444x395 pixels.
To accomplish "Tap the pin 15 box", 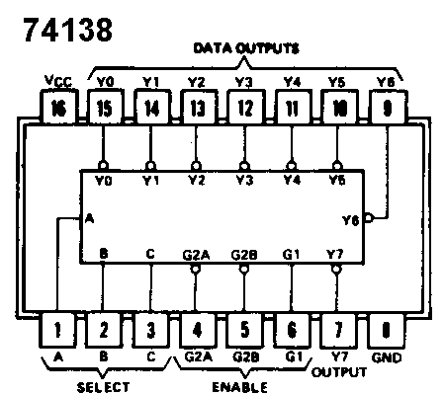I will [103, 109].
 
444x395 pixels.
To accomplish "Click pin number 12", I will [243, 109].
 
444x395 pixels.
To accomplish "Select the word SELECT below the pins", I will [103, 387].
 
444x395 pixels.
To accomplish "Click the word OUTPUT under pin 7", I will [339, 372].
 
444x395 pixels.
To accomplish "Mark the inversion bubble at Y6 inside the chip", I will [368, 217].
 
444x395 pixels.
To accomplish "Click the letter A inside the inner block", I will [90, 219].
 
